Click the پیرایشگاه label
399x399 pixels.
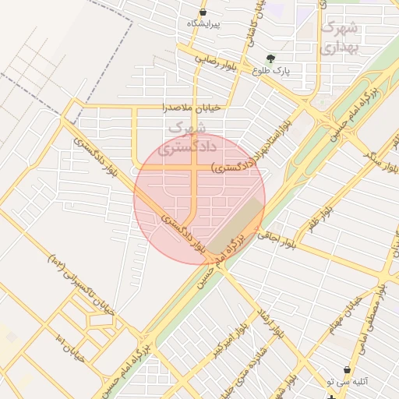coord(204,24)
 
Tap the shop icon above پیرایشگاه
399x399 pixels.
coord(203,12)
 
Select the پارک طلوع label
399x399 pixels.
coord(270,69)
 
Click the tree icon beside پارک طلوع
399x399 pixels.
coord(270,58)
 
